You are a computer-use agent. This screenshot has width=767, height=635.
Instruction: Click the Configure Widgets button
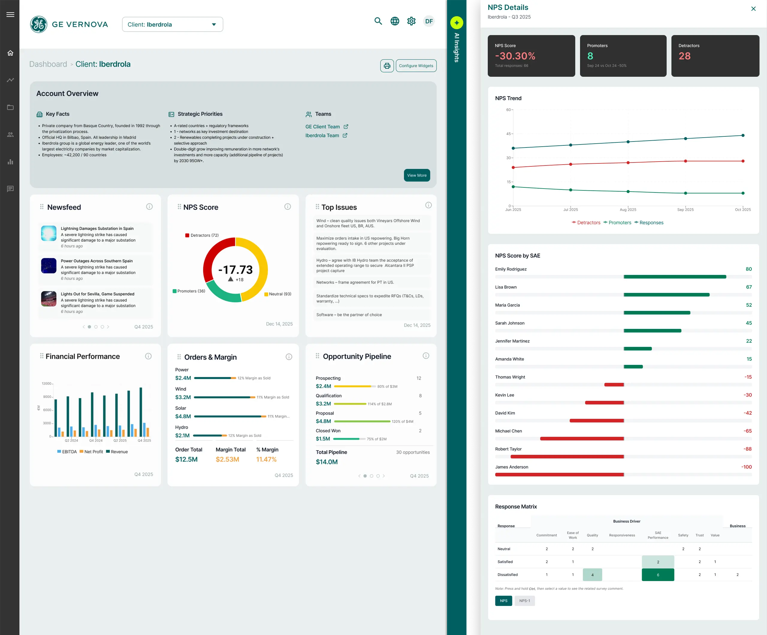(416, 66)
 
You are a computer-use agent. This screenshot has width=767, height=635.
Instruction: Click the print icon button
(387, 66)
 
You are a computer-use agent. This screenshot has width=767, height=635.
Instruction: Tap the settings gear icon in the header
(411, 21)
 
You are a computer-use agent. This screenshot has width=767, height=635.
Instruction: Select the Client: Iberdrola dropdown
(172, 25)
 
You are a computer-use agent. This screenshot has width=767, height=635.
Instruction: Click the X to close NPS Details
(753, 9)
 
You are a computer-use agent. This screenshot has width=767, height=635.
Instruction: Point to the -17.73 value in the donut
(235, 270)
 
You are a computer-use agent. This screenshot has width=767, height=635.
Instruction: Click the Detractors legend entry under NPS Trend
(586, 223)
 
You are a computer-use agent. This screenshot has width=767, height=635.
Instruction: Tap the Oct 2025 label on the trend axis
(742, 210)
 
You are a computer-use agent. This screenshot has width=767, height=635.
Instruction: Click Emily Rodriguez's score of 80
(748, 269)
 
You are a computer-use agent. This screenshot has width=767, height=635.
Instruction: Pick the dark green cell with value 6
(658, 575)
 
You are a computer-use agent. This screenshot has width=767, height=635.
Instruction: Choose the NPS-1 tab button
(525, 601)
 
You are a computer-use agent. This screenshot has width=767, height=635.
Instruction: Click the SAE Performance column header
(658, 535)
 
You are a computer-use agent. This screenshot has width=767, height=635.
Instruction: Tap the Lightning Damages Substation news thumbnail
(49, 233)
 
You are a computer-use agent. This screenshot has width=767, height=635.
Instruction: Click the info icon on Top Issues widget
(428, 205)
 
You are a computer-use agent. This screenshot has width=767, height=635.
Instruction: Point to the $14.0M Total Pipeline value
(327, 462)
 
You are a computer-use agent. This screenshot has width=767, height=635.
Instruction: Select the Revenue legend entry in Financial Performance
(117, 452)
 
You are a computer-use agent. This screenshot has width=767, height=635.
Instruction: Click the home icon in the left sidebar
(10, 53)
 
